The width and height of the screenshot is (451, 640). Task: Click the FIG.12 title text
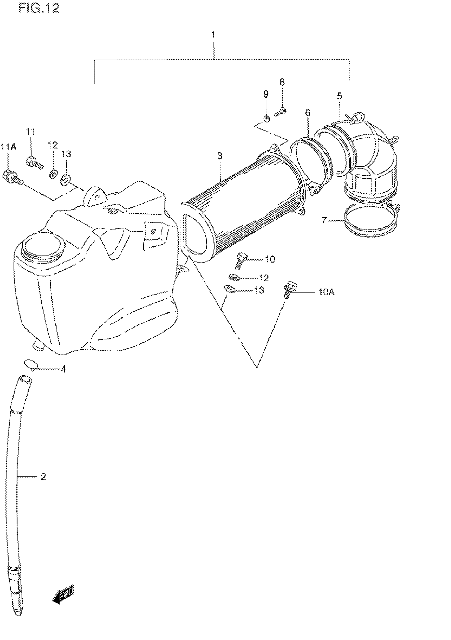pyautogui.click(x=39, y=8)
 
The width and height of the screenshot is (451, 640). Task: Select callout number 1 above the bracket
pyautogui.click(x=213, y=34)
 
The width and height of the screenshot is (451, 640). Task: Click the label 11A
pyautogui.click(x=9, y=147)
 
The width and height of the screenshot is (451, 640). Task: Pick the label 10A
pyautogui.click(x=327, y=292)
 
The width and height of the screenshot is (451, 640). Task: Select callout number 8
pyautogui.click(x=282, y=82)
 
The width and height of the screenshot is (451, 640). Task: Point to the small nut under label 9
pyautogui.click(x=267, y=119)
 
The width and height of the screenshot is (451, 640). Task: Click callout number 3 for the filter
pyautogui.click(x=220, y=156)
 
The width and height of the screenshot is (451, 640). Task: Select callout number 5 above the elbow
pyautogui.click(x=339, y=96)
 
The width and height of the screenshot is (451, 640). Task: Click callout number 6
pyautogui.click(x=307, y=113)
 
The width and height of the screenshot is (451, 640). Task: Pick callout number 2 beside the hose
pyautogui.click(x=43, y=477)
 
